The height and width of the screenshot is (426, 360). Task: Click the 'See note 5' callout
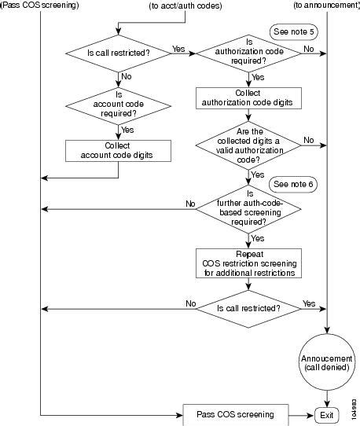290,35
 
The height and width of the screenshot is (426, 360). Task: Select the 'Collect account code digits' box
117,150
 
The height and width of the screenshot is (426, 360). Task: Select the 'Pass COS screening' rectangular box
236,413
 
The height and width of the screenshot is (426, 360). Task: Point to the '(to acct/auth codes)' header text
186,6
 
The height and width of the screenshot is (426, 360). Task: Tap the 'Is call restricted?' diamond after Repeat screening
248,307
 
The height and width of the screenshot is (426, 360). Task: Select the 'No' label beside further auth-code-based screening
189,204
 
